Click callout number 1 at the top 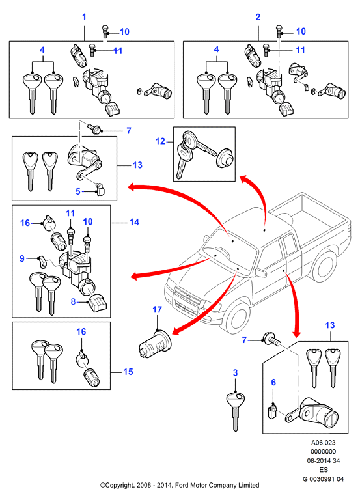click(x=84, y=17)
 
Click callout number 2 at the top click(x=258, y=17)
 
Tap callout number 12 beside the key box click(x=160, y=141)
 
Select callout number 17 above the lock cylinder click(x=158, y=309)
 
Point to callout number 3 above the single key click(x=236, y=372)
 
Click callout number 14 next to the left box click(x=134, y=222)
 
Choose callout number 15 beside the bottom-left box click(x=128, y=372)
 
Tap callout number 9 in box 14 click(x=22, y=258)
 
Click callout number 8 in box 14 click(x=73, y=301)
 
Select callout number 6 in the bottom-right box click(x=273, y=382)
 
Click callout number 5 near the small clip click(x=78, y=191)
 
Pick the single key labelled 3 click(x=236, y=411)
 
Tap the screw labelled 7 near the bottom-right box click(x=271, y=340)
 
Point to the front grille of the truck click(x=187, y=301)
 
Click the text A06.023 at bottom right click(x=323, y=443)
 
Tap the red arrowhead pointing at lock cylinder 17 click(x=176, y=331)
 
